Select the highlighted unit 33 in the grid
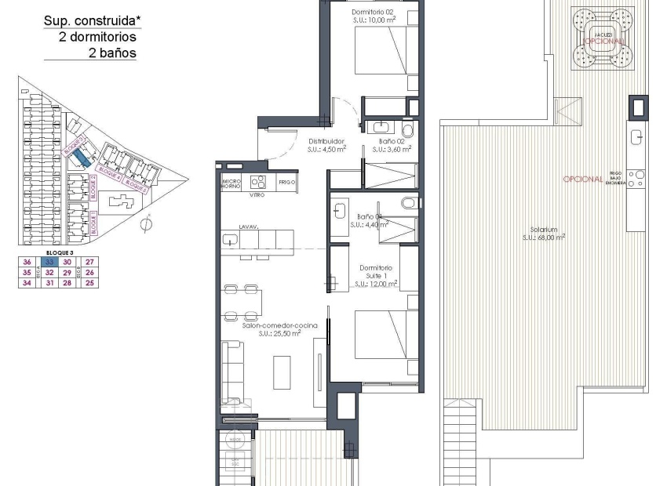click(x=49, y=262)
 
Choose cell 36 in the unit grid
click(x=27, y=262)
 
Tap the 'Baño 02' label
click(x=391, y=142)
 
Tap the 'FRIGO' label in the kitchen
click(x=286, y=181)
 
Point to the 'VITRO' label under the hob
click(x=257, y=194)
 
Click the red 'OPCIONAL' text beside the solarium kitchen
click(x=582, y=180)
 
